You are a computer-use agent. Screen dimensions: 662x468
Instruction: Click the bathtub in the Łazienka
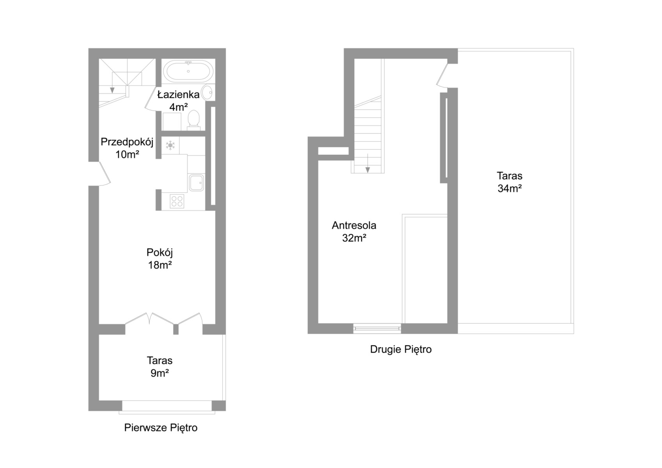(x=188, y=71)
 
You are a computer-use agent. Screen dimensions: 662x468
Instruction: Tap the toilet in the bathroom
(x=193, y=120)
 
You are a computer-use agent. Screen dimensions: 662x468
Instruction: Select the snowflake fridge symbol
(x=170, y=145)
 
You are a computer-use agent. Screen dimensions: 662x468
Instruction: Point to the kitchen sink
(x=196, y=183)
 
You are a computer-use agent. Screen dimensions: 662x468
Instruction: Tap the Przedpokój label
(x=127, y=142)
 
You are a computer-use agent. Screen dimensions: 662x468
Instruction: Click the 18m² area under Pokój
(x=160, y=265)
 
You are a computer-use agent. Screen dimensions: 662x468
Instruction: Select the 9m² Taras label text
(x=160, y=373)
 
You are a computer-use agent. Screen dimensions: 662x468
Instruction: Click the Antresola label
(x=354, y=225)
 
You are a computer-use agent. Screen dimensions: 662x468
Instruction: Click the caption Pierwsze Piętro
(x=160, y=428)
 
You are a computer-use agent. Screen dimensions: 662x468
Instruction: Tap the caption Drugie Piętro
(x=401, y=349)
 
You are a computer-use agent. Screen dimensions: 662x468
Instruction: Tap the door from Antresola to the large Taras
(x=442, y=76)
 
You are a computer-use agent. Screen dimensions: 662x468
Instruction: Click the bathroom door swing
(x=151, y=99)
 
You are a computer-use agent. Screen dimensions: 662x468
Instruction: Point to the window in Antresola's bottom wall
(x=377, y=329)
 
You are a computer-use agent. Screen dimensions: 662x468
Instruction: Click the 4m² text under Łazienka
(x=179, y=107)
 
